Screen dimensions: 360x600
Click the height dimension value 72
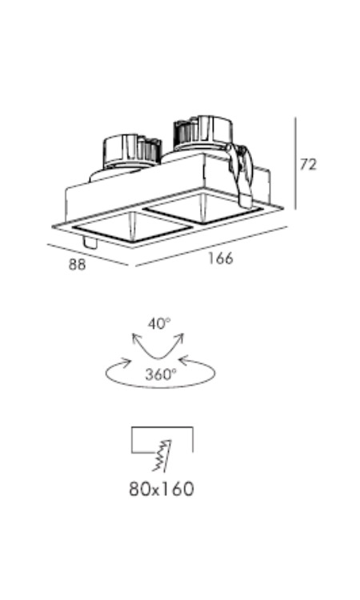308,165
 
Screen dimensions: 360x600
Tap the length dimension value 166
220,258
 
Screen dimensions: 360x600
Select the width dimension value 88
78,265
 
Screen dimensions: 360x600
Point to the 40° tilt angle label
159,324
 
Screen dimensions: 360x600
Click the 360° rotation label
161,374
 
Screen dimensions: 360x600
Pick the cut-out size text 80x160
162,489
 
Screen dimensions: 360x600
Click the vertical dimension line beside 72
295,163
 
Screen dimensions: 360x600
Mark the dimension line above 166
211,246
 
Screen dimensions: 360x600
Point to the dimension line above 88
88,254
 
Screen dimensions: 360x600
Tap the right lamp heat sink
202,132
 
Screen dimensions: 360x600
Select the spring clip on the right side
242,175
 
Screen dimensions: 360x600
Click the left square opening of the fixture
131,228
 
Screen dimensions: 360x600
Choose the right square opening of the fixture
205,209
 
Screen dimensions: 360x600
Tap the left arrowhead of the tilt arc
136,338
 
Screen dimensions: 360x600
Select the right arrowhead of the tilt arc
180,338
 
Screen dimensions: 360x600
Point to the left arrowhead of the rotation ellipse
125,362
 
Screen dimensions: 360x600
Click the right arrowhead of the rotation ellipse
184,360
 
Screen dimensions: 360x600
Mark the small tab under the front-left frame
90,242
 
